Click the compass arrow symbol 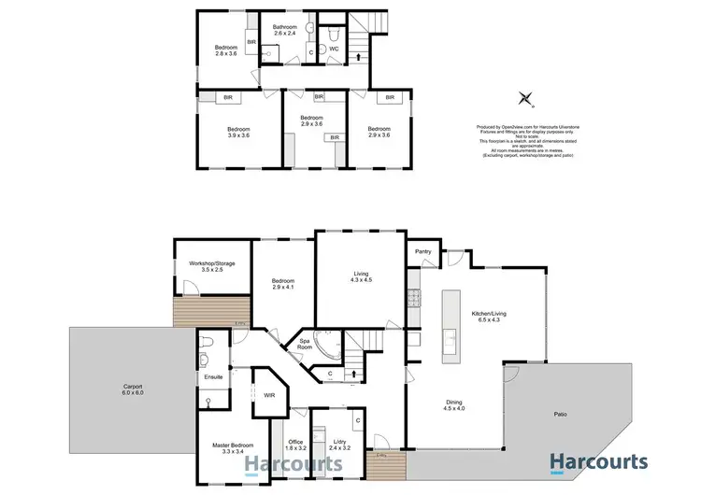[x=526, y=98]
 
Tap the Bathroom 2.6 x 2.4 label [x=285, y=32]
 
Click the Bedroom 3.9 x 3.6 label [x=237, y=133]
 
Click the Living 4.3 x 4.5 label [x=360, y=277]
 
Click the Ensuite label [x=213, y=379]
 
